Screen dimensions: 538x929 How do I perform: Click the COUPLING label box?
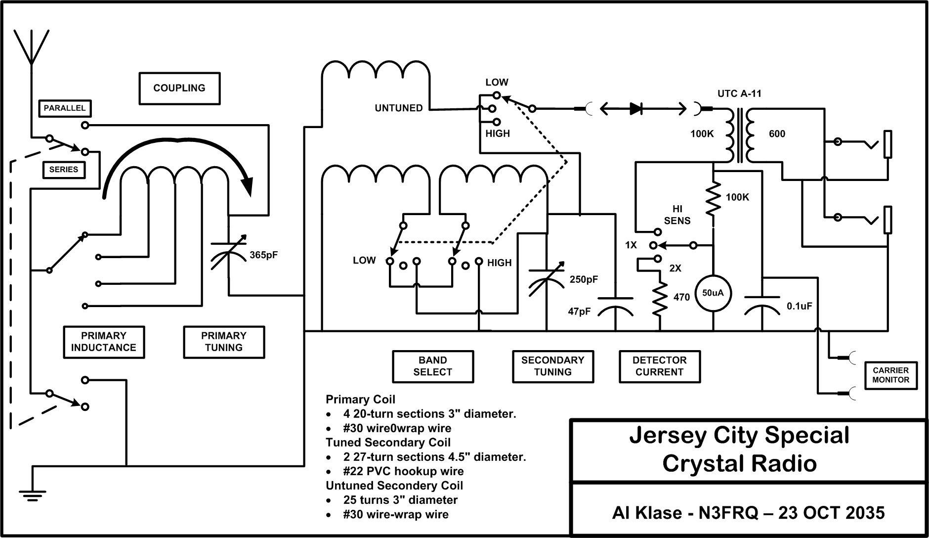[179, 89]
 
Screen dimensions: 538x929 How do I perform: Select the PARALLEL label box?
[65, 108]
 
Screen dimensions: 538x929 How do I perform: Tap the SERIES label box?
[64, 170]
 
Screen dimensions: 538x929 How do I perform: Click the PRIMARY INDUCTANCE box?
[104, 342]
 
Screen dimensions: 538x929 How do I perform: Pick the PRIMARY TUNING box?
[224, 342]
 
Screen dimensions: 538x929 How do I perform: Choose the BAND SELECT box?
[433, 366]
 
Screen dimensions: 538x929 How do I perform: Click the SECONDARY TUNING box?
[552, 366]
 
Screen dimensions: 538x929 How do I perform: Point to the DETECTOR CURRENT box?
[660, 366]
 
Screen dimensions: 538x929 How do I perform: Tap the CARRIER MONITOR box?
[890, 375]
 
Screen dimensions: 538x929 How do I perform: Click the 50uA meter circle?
[713, 293]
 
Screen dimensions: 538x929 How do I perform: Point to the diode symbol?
[636, 109]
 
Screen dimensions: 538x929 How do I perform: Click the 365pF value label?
[264, 255]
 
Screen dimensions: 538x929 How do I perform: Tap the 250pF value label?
[584, 279]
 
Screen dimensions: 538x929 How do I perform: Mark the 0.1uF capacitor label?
[799, 307]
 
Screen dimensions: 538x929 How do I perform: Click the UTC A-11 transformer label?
[739, 93]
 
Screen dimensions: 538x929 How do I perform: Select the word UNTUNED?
[399, 108]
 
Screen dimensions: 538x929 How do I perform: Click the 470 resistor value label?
[681, 298]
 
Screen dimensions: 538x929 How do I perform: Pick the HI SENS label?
[677, 215]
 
